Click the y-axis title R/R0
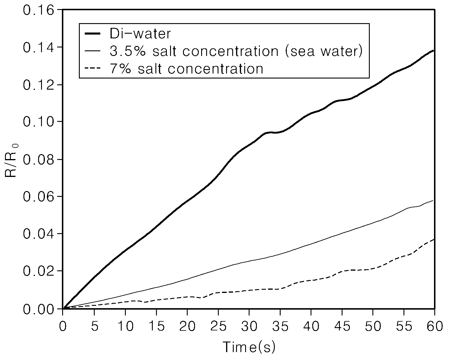[11, 161]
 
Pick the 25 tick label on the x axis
[218, 326]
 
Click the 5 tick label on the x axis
[94, 326]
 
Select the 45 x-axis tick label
[342, 326]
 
